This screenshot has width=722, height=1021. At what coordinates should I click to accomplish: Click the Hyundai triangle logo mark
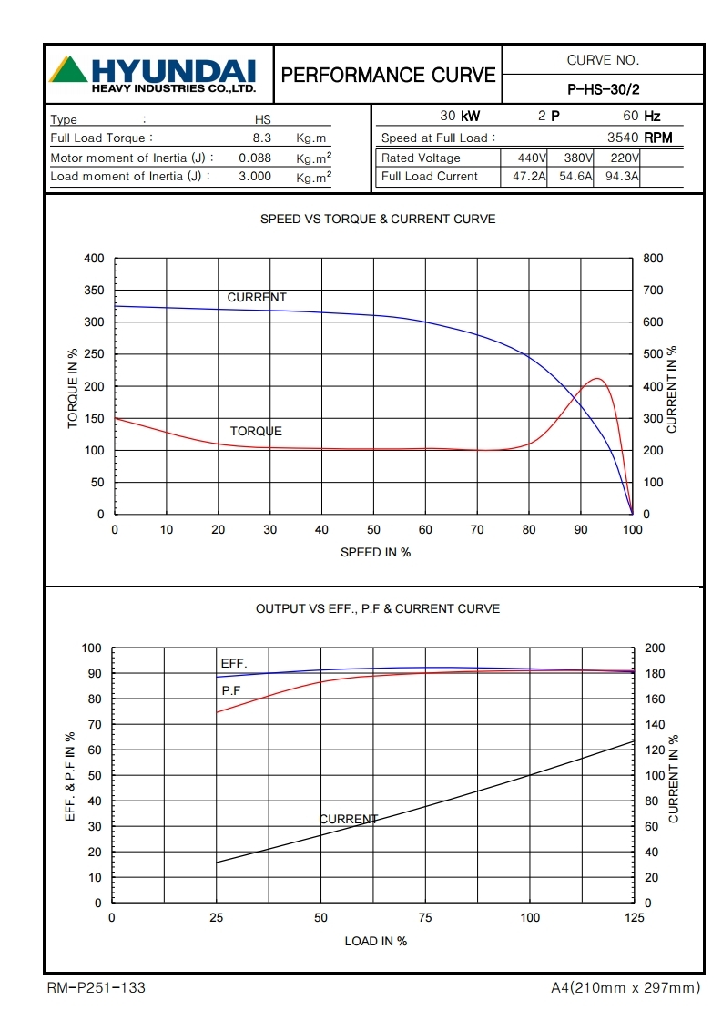pos(68,70)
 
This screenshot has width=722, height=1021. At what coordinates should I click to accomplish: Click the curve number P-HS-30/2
pos(603,89)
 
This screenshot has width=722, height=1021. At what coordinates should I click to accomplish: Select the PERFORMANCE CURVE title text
pos(389,75)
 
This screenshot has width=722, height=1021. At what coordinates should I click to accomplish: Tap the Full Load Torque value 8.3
pos(262,138)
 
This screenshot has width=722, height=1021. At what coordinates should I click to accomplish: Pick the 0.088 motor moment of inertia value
pos(255,158)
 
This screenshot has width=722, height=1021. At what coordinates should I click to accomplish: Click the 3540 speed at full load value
pos(623,138)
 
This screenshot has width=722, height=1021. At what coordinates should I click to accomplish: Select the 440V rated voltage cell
pos(524,158)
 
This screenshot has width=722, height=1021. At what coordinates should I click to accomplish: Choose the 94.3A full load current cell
pos(617,177)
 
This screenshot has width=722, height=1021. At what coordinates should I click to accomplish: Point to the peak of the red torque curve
pos(597,378)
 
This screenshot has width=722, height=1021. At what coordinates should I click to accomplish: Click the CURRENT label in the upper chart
pos(257,298)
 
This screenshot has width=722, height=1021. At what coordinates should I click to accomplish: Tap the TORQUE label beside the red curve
pos(256,431)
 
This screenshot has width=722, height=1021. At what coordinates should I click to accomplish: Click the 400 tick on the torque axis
pos(95,259)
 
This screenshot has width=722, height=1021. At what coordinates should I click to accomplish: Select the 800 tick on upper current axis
pos(653,259)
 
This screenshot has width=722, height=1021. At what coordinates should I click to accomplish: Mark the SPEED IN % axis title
pos(375,552)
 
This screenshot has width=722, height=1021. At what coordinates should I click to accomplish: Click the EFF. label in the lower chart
pos(234,663)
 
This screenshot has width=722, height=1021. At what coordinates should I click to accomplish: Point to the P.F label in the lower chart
pos(231,691)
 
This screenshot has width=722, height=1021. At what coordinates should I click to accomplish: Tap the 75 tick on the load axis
pos(425,918)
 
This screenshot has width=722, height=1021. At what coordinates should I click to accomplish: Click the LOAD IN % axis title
pos(375,941)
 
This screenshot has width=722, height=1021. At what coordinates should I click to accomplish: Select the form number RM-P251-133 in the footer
pos(96,987)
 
